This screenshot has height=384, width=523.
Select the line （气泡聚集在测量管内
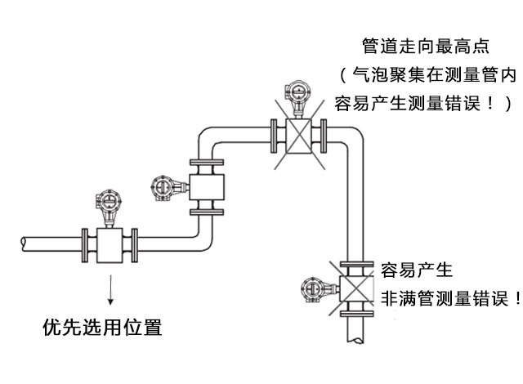point(428,75)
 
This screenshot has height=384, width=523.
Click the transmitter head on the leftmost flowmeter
point(108,202)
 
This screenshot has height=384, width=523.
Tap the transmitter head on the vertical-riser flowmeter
point(163,188)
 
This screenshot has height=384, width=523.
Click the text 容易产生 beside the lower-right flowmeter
point(417,270)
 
